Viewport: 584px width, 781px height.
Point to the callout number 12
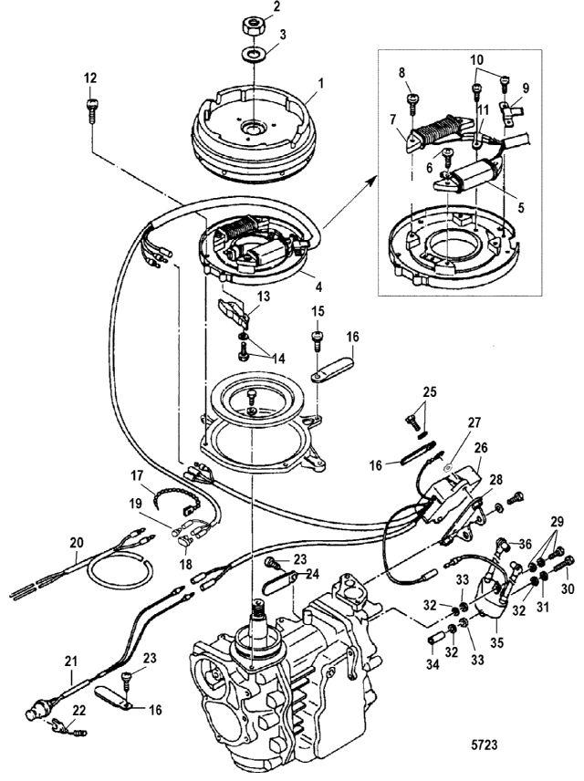(90, 76)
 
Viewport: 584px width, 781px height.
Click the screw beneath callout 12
(91, 109)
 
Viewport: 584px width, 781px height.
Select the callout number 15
(318, 313)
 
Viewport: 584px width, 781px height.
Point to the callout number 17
(136, 475)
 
